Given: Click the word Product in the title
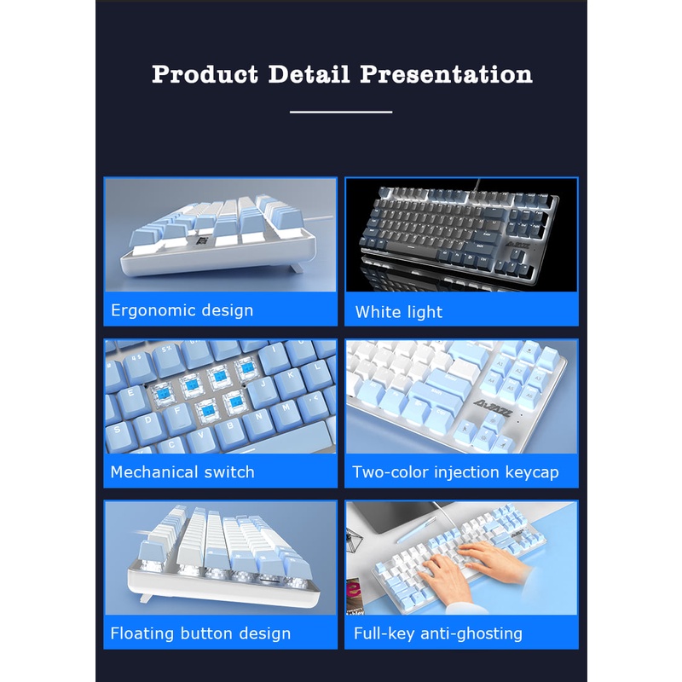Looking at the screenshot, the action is point(205,75).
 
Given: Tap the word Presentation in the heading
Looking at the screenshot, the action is point(446,74).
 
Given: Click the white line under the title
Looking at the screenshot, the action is point(341,112).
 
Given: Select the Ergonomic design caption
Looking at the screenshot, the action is point(182,310).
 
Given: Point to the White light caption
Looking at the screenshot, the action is point(398,312).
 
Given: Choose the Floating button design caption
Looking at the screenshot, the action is point(200,633).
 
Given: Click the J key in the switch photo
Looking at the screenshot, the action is point(263,384).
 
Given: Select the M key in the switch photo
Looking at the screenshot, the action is point(286,408).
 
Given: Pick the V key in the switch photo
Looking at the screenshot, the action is point(201,435).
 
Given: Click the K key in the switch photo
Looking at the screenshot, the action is point(290,375).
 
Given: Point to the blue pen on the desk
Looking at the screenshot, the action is point(415,530).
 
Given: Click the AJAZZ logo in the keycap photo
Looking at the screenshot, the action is point(493,407).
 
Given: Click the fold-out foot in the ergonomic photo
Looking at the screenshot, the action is point(296,267).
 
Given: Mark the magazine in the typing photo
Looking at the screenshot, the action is point(355,597).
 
